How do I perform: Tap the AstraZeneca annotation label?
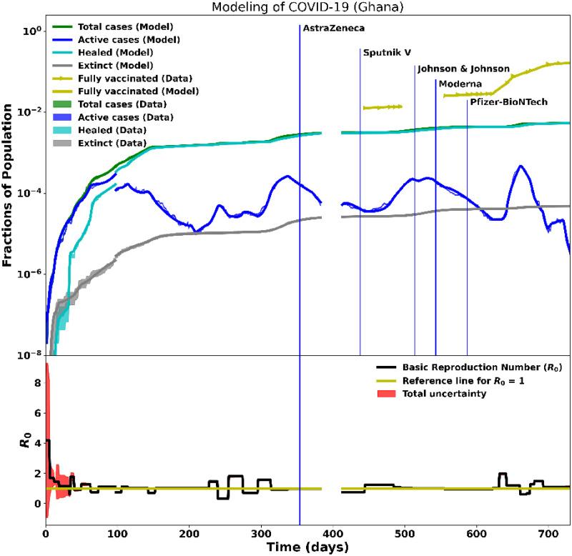click(334, 29)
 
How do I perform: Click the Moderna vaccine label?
click(460, 84)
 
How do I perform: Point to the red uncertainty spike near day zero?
click(47, 400)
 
